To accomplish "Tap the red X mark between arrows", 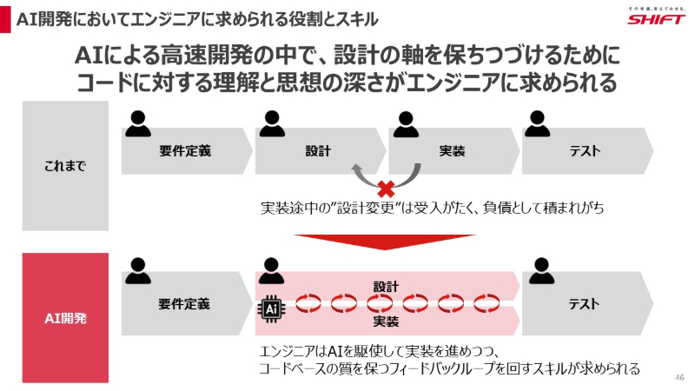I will pyautogui.click(x=384, y=188).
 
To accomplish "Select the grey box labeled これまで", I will pyautogui.click(x=65, y=166).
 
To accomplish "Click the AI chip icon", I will pyautogui.click(x=272, y=307).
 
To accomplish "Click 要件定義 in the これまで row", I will pyautogui.click(x=185, y=150).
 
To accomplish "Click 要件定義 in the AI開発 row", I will pyautogui.click(x=184, y=304).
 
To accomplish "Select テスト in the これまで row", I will pyautogui.click(x=585, y=150).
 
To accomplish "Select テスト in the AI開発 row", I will pyautogui.click(x=585, y=304).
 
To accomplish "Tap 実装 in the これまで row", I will pyautogui.click(x=452, y=150).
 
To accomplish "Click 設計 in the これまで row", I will pyautogui.click(x=318, y=150).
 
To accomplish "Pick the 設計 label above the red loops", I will pyautogui.click(x=386, y=286).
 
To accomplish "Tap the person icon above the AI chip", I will pyautogui.click(x=271, y=271).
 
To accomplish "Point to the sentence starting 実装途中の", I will pyautogui.click(x=432, y=209).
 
